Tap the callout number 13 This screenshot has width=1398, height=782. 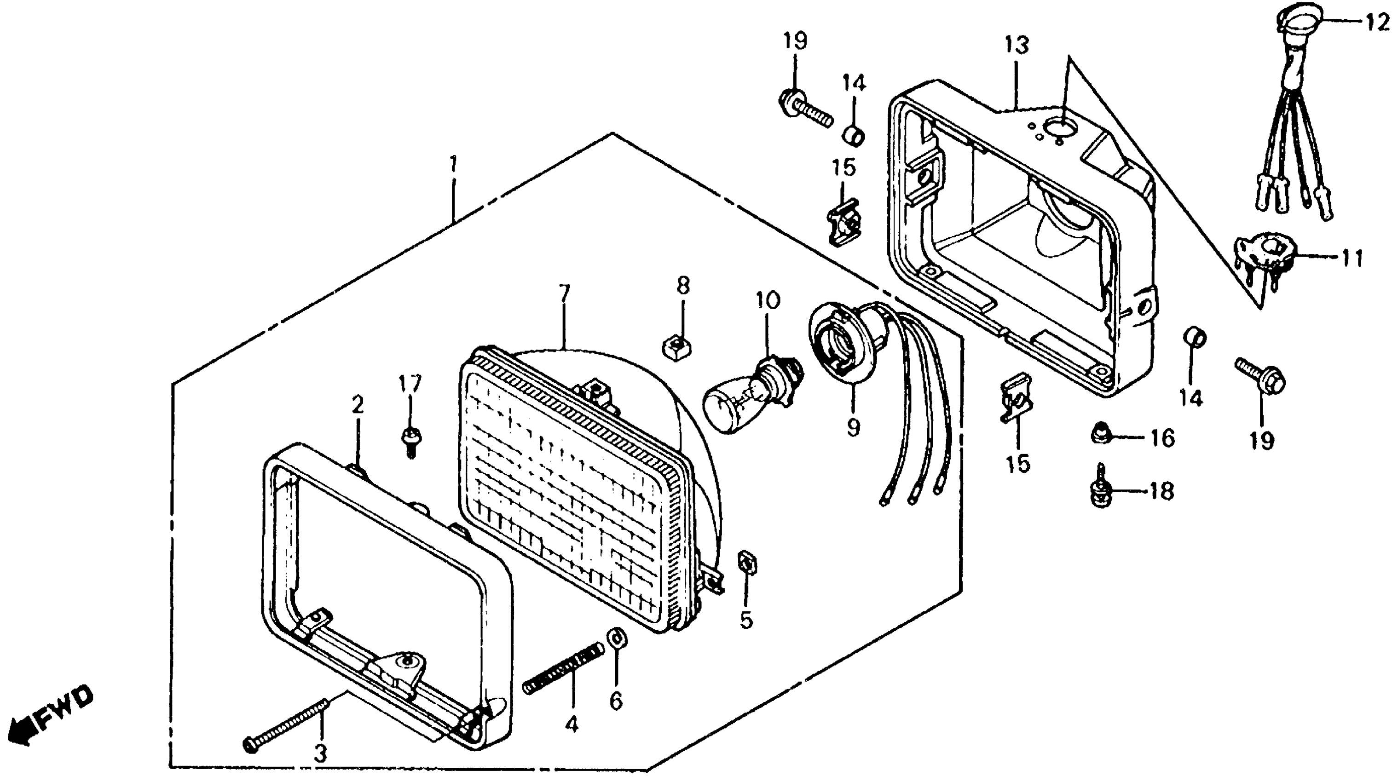click(x=1016, y=45)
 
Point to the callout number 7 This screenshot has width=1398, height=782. click(x=565, y=293)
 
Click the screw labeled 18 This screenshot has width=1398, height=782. click(x=1101, y=490)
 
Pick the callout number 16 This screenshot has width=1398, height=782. click(x=1162, y=438)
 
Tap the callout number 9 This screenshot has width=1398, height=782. click(x=853, y=428)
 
